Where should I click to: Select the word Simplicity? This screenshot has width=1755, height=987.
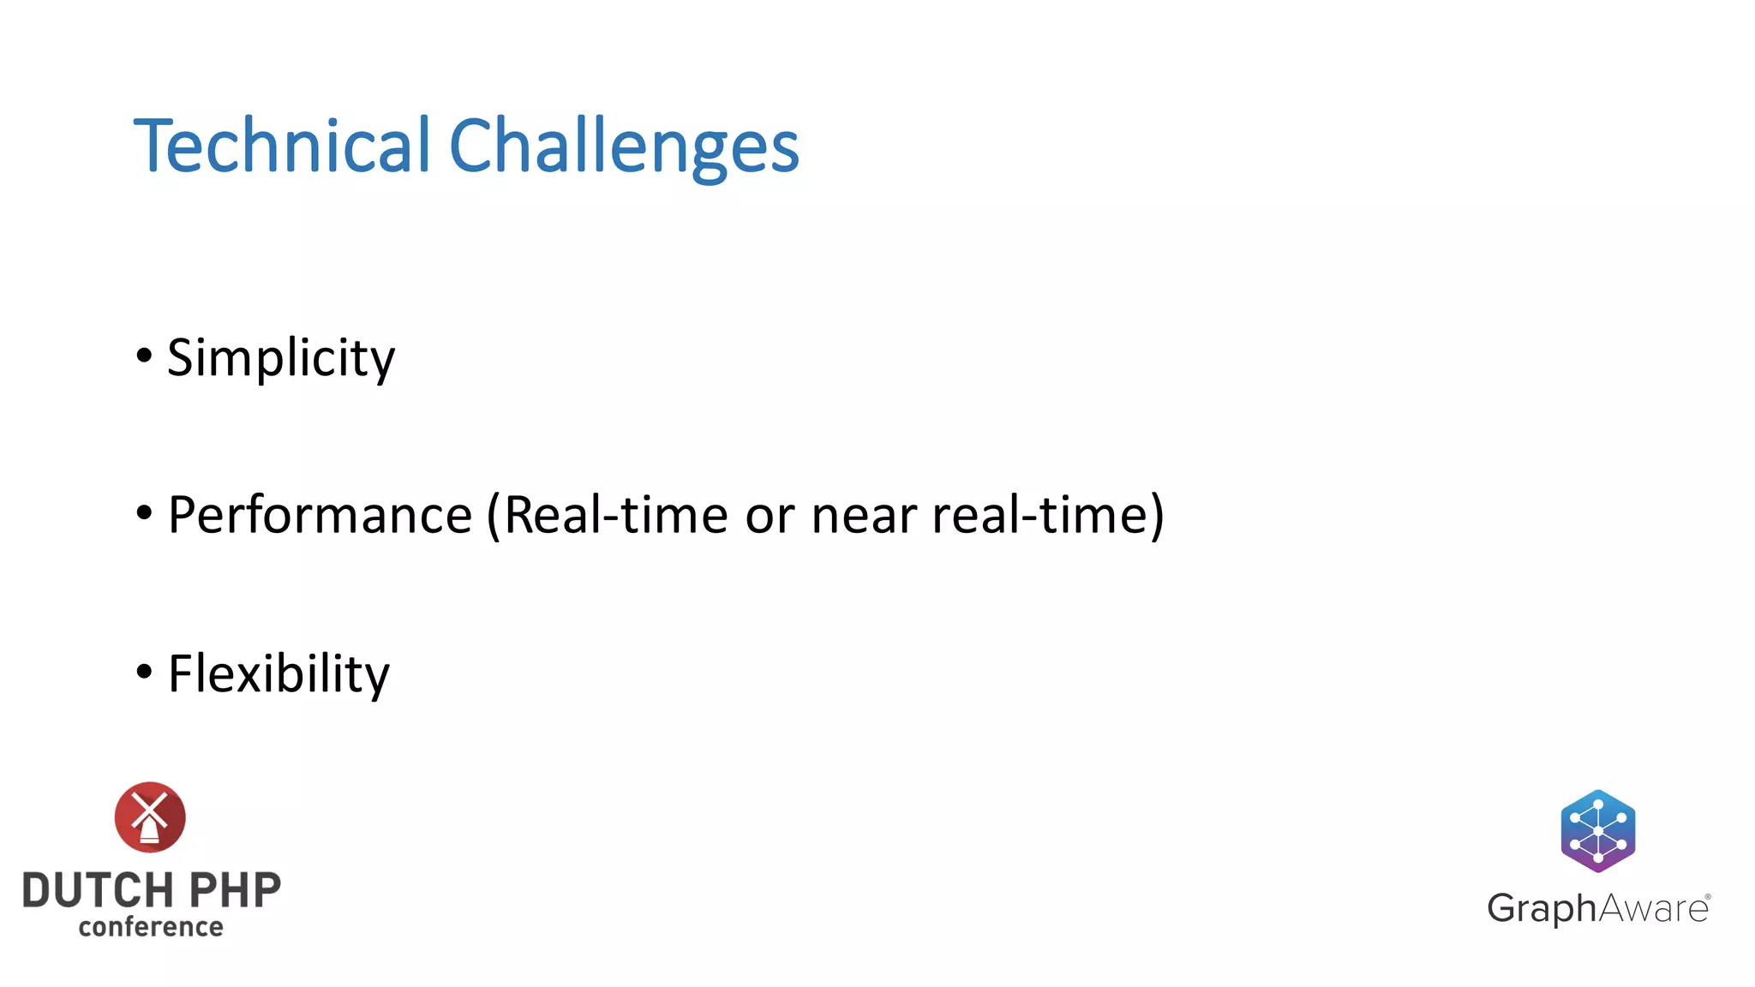281,358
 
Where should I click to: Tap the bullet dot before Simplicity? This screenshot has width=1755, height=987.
144,355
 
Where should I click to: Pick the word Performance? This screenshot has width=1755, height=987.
320,515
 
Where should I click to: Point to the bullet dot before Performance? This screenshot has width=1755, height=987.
144,512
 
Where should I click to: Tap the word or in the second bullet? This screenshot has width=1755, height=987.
770,517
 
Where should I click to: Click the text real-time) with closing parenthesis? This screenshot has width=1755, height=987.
1047,515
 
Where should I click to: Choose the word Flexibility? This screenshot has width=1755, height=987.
279,674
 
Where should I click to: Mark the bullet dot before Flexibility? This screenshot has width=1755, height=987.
144,671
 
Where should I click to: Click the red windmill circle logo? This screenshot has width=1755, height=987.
150,817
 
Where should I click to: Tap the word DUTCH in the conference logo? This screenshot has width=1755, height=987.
98,891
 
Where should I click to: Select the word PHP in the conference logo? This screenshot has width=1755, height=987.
234,891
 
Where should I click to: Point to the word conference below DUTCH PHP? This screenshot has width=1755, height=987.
151,927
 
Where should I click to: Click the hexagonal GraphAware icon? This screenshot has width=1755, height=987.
1597,830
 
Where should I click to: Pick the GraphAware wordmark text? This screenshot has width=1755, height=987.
1596,908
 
